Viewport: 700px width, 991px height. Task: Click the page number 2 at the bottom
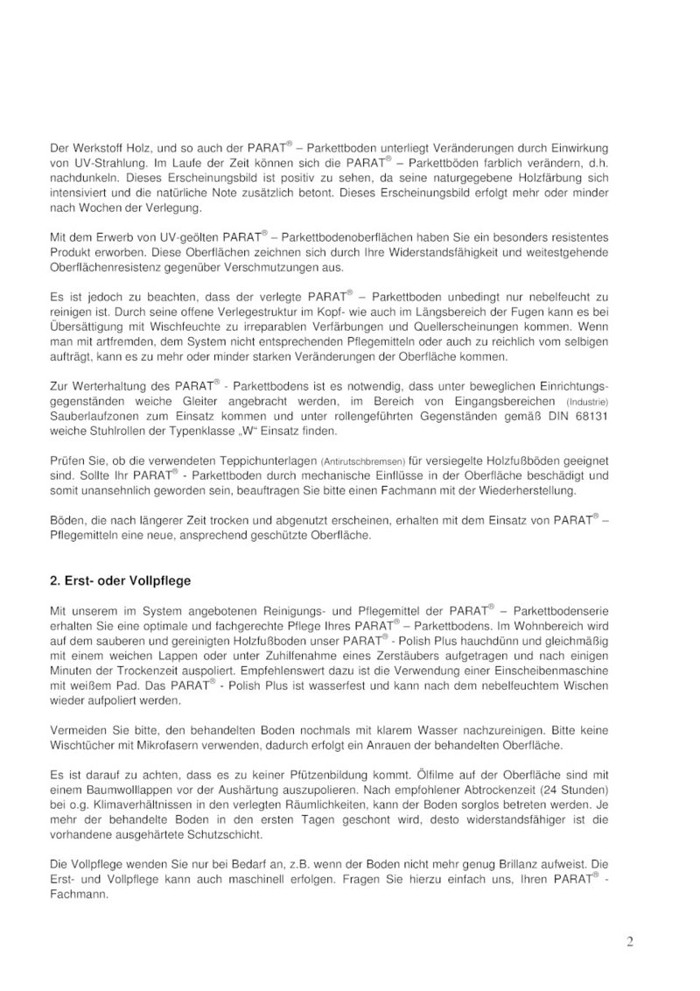(629, 942)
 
